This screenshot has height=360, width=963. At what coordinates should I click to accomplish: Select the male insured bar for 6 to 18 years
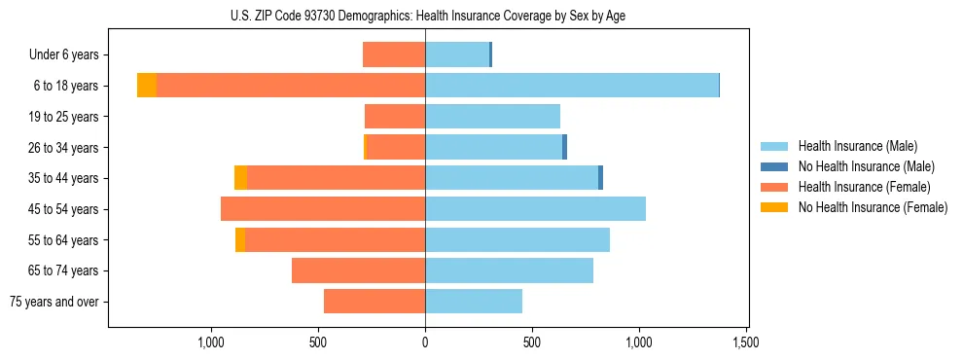(571, 86)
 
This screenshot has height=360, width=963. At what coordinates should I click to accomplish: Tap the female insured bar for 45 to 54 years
(323, 209)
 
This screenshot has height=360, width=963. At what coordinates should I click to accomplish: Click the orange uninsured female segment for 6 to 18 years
(146, 86)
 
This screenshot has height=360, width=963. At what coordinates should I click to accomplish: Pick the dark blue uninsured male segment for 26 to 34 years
(564, 147)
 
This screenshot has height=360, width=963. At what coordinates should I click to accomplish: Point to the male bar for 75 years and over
(474, 302)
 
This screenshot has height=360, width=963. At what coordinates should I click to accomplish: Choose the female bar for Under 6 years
(394, 54)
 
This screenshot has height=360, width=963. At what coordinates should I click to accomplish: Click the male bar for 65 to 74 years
(509, 270)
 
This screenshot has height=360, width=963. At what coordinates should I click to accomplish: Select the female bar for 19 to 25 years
(395, 117)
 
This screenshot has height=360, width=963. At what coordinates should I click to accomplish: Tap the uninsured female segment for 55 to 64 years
(240, 239)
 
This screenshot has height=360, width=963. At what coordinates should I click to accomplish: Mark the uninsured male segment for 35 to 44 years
(600, 178)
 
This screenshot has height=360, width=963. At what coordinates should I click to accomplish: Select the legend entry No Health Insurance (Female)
(873, 207)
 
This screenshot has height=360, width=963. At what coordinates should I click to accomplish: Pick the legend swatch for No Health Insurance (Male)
(775, 166)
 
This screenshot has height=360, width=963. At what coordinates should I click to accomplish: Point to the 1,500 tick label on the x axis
(746, 342)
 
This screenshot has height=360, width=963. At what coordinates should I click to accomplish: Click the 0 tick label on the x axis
(425, 342)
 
